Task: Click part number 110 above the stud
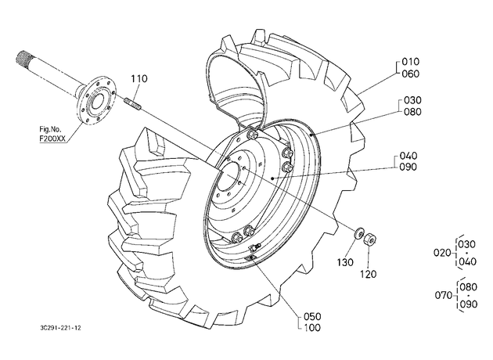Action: tap(139, 78)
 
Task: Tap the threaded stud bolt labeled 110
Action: tap(133, 103)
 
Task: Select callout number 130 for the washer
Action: tap(346, 262)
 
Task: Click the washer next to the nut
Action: tap(358, 234)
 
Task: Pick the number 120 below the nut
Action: tap(368, 274)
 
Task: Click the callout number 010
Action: tap(411, 62)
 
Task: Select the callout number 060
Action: tap(411, 74)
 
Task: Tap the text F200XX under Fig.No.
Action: tap(53, 139)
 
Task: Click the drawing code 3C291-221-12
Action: tap(61, 328)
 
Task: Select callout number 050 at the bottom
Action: tap(312, 316)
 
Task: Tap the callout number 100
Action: tap(312, 328)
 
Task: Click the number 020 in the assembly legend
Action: tap(442, 253)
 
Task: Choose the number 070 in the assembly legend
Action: tap(444, 295)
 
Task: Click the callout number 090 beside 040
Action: tap(408, 167)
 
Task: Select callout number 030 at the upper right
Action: tap(412, 100)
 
